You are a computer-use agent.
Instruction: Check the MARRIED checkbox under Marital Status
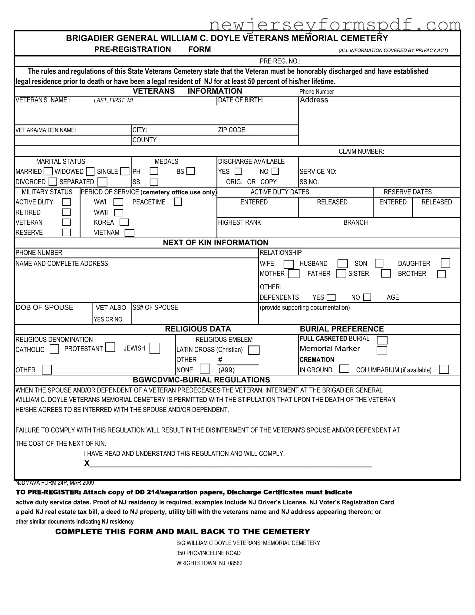click(x=48, y=171)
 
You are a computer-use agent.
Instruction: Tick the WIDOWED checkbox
click(x=90, y=172)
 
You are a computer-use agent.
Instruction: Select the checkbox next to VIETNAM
click(x=130, y=233)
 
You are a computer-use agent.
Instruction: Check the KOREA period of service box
click(x=124, y=222)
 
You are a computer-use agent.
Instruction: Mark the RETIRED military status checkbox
click(x=66, y=212)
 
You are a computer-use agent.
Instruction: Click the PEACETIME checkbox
click(x=178, y=202)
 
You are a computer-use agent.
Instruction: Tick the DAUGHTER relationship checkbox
click(x=445, y=263)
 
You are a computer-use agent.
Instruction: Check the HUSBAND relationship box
click(x=342, y=264)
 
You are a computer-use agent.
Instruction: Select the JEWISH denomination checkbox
click(x=155, y=348)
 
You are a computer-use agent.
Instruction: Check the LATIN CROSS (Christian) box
click(x=254, y=350)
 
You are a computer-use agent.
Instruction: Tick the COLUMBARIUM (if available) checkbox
click(x=444, y=369)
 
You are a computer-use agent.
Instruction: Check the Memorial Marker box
click(x=382, y=350)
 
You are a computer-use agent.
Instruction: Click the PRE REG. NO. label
click(x=280, y=61)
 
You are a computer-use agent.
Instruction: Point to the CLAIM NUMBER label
click(x=361, y=151)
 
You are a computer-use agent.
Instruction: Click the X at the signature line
click(x=87, y=463)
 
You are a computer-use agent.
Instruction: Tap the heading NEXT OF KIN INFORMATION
click(x=216, y=243)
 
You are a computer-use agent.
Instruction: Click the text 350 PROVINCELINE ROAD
click(x=208, y=553)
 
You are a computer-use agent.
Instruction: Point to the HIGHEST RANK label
click(x=239, y=223)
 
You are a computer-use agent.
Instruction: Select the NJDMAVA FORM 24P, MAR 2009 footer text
click(x=54, y=483)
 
